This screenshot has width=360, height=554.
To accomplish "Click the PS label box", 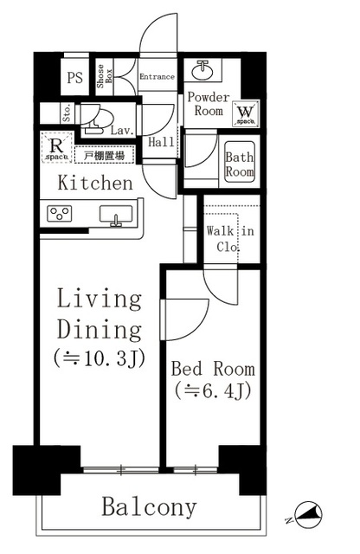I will (x=75, y=76).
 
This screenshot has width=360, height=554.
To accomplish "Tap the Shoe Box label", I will (x=101, y=77).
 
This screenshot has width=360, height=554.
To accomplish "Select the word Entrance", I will (x=157, y=77).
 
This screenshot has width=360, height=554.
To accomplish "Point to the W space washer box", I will (x=244, y=113).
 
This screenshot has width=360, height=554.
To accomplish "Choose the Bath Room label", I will (x=240, y=164).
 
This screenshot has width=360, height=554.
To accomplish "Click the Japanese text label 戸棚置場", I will (x=104, y=156).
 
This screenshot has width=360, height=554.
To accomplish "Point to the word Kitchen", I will (x=95, y=184).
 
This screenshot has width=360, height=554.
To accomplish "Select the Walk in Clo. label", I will (x=229, y=237).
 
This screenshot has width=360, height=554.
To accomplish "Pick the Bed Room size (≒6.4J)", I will (x=213, y=390).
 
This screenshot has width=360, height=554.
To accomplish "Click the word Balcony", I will (x=149, y=506).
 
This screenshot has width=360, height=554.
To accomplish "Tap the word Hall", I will (x=160, y=142).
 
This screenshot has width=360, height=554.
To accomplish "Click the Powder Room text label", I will (x=208, y=105).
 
